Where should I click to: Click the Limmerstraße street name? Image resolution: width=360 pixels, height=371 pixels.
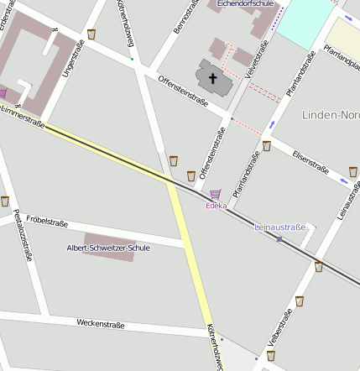[x=23, y=117]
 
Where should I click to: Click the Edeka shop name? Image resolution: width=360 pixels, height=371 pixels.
[x=216, y=206]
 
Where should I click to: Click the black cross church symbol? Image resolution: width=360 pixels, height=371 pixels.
[x=213, y=80]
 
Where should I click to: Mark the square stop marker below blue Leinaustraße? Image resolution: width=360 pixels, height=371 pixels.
[x=279, y=239]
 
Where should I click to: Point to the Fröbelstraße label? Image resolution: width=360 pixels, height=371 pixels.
[x=47, y=222]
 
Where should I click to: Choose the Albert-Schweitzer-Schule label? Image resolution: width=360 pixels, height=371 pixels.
[x=108, y=248]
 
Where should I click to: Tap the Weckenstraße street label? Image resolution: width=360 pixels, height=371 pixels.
[x=100, y=323]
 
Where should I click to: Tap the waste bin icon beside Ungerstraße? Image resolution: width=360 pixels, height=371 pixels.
[x=91, y=34]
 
